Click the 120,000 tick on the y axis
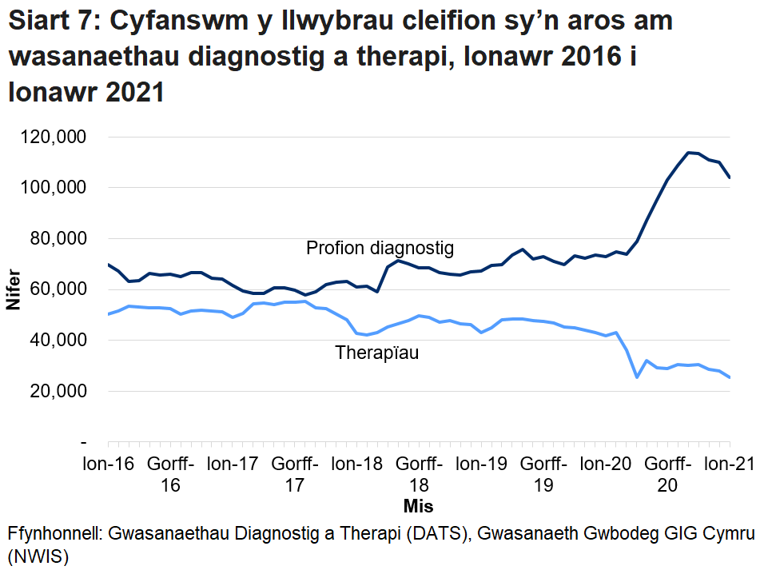click(52, 138)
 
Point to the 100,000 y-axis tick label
click(52, 188)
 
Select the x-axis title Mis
click(418, 506)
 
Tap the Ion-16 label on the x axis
click(108, 464)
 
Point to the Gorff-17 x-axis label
click(295, 474)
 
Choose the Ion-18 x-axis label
click(356, 464)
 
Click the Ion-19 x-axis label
click(481, 464)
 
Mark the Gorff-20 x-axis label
click(668, 474)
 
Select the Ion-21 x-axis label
click(730, 464)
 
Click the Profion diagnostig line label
click(380, 249)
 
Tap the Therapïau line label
click(377, 353)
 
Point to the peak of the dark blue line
click(688, 153)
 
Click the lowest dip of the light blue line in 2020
click(637, 377)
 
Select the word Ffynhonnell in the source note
click(55, 533)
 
